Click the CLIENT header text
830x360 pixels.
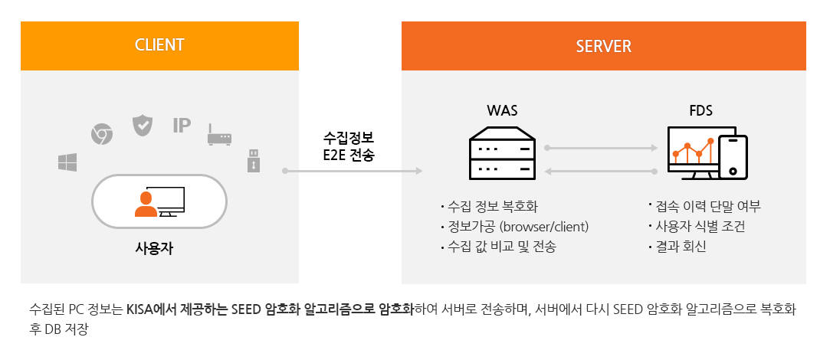[159, 45]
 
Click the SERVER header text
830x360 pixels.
[603, 46]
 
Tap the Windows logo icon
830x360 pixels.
[67, 162]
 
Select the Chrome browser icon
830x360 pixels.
[102, 134]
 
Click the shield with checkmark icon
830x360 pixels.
[143, 126]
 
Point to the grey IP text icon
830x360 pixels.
[182, 126]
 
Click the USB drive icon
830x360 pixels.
[254, 160]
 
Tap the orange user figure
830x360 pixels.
[146, 205]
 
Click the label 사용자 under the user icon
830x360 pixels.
[154, 248]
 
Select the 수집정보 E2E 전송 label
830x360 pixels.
[349, 146]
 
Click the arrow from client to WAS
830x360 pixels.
[353, 171]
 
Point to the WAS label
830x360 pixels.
[502, 110]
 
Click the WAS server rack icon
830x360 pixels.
[502, 153]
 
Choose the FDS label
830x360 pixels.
[700, 110]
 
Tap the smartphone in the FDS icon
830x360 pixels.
[733, 157]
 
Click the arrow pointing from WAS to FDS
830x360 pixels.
[602, 149]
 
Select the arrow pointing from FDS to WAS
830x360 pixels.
[602, 171]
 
